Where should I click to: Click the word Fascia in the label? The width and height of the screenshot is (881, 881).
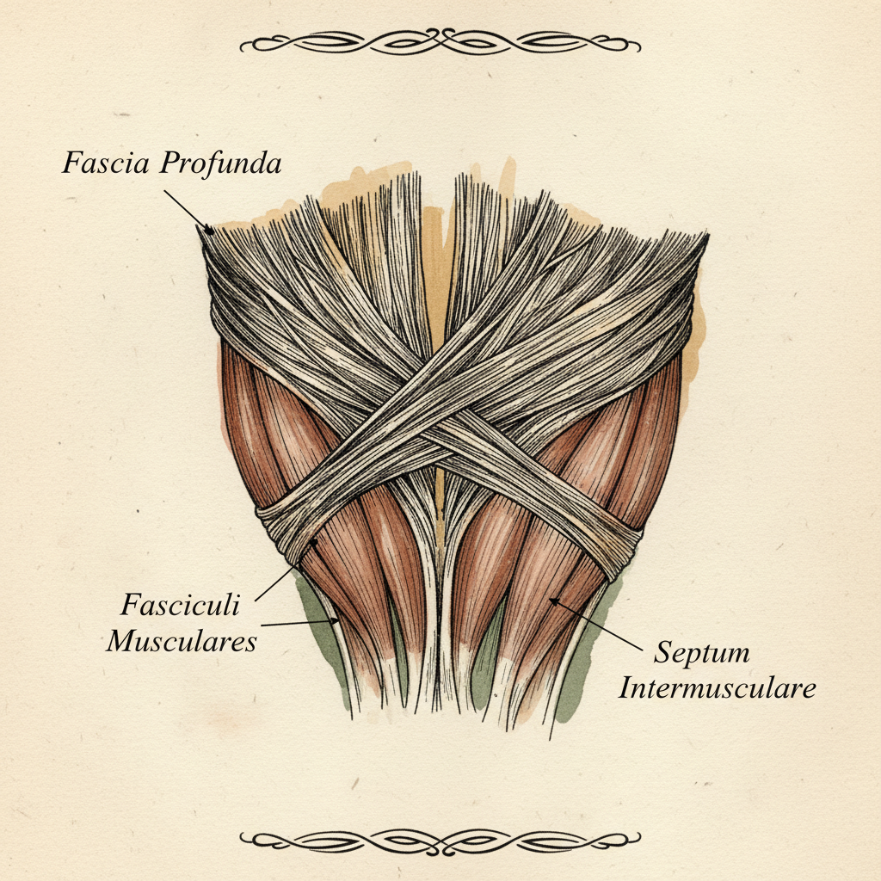(106, 163)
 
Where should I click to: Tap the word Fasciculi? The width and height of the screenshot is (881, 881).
(181, 605)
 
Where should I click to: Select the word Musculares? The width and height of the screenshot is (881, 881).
(182, 641)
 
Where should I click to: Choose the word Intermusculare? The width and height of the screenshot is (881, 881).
(717, 688)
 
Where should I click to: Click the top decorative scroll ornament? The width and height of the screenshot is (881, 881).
(440, 41)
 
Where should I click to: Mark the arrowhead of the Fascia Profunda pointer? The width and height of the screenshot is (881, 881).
(209, 230)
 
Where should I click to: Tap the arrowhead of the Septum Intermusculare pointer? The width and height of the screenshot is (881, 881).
(554, 601)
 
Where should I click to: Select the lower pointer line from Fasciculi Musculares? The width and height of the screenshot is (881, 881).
(300, 623)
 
